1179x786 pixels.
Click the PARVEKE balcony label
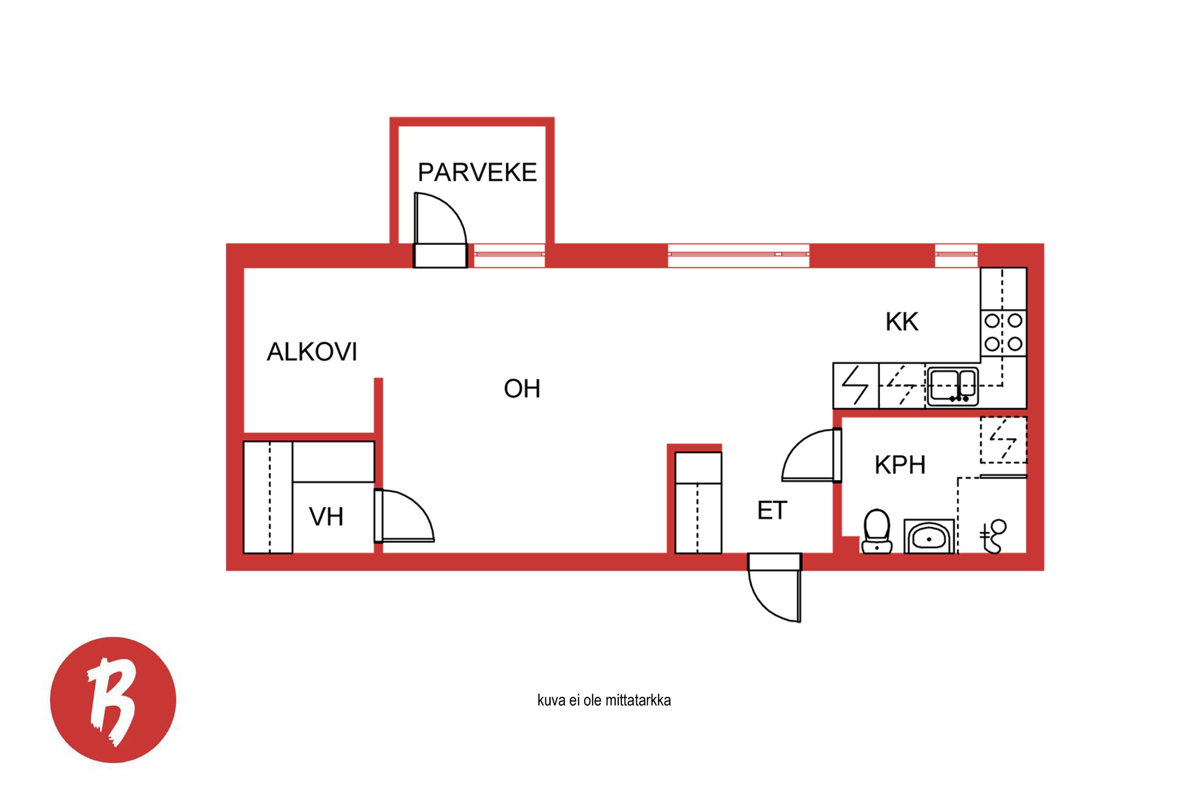click(x=477, y=173)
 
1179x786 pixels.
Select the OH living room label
click(x=522, y=389)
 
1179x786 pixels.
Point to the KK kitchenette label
click(x=902, y=322)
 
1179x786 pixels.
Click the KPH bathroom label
click(x=900, y=465)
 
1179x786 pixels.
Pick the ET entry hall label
click(x=772, y=511)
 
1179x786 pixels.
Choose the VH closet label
click(x=326, y=517)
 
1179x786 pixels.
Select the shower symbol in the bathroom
click(x=994, y=535)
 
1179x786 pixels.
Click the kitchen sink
click(x=952, y=386)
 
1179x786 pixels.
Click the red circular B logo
click(x=113, y=700)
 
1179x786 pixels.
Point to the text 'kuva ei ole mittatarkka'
click(x=604, y=700)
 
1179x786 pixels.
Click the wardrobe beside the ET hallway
click(x=698, y=503)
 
